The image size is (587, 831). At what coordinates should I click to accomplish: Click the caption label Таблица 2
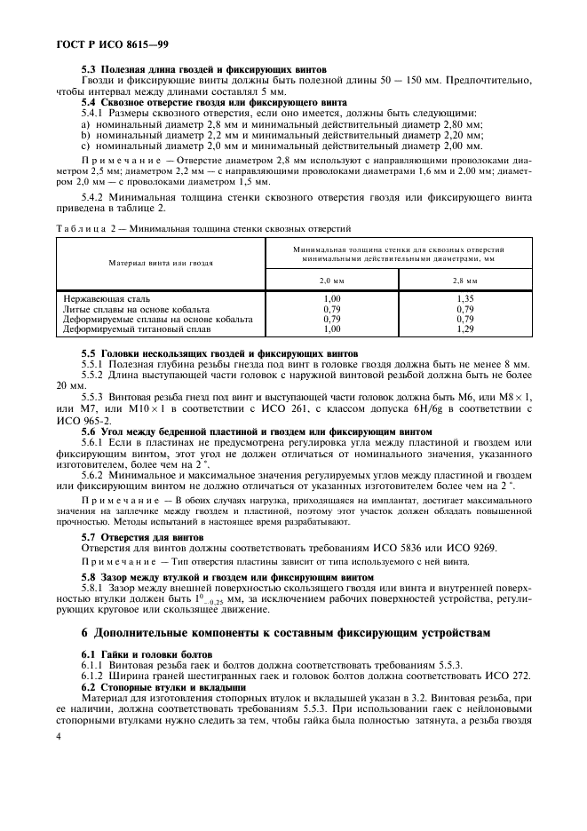[80, 228]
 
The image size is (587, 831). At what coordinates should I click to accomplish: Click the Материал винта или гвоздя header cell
[161, 264]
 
